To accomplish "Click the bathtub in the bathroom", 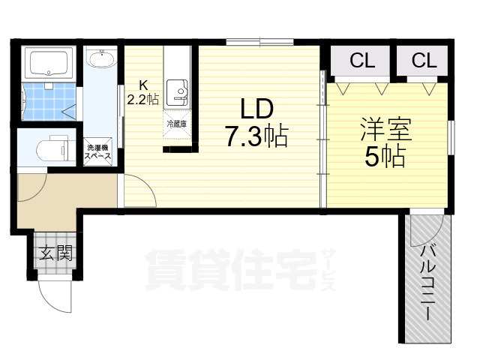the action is point(49,63).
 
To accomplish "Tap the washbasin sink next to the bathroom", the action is point(101,58).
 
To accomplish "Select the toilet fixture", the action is point(56,148).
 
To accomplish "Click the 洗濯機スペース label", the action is point(98,151).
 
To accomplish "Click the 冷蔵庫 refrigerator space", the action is point(177,124).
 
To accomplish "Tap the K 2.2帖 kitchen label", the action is point(143,92).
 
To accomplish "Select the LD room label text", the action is point(256,109).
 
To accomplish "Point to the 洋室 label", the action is point(385,129).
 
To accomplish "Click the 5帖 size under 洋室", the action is point(385,156).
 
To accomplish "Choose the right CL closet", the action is point(423,61).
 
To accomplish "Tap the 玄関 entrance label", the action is point(55,253).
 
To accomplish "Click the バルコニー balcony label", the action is point(427,283).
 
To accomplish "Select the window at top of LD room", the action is point(260,42).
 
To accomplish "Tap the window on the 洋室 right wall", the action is point(451,137).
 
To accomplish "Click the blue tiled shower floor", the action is point(49,101).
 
